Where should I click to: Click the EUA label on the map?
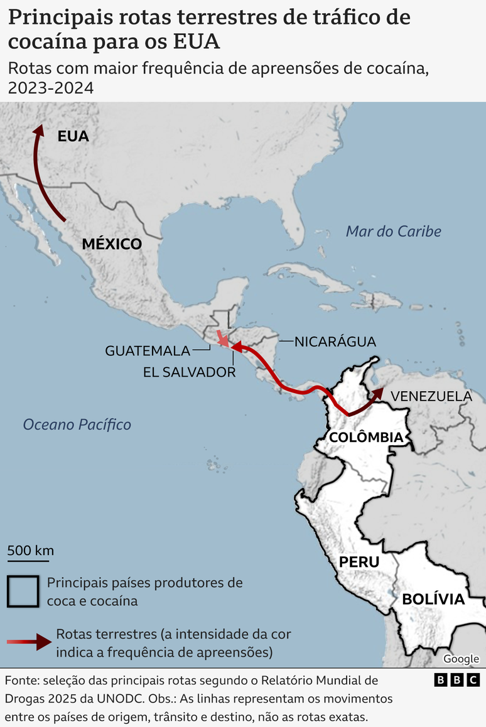point(73,136)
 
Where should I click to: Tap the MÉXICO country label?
point(112,244)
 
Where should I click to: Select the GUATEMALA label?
point(148,351)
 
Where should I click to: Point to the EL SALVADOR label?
point(189,372)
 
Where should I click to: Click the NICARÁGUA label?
point(335,342)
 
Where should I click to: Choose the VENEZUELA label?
point(431,396)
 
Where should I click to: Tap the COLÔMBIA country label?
point(365,437)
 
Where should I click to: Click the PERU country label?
point(359,561)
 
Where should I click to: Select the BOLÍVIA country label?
point(433,599)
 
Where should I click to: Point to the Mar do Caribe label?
point(394,231)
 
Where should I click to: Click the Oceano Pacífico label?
point(77,424)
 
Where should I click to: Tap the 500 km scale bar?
point(30,557)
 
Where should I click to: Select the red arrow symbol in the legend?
point(29,642)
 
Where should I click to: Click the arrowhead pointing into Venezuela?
point(377,393)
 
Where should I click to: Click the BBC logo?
point(457,680)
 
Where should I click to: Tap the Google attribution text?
point(461,659)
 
